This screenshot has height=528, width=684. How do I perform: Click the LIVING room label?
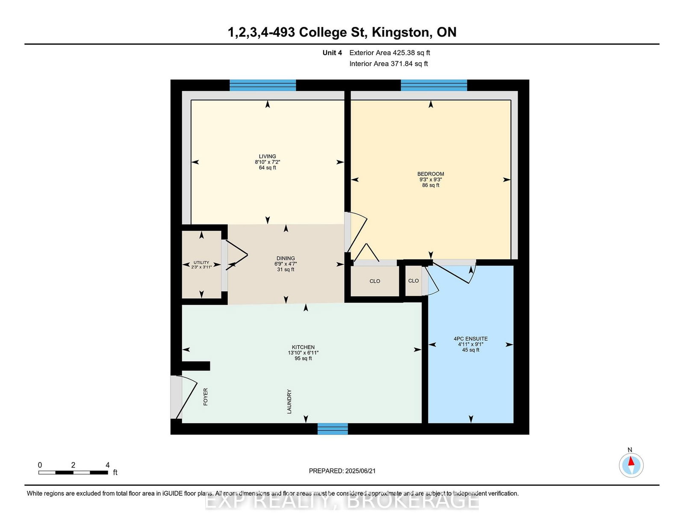[267, 156]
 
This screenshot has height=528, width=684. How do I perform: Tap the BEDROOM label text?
[430, 174]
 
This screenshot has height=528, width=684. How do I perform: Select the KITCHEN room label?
[303, 347]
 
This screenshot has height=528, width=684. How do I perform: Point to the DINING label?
[286, 258]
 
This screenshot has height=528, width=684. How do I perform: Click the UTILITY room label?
[201, 263]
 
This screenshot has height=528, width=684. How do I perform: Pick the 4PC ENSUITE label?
[471, 338]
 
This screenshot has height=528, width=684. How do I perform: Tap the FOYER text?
[206, 397]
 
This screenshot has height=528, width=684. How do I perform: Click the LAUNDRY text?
[289, 401]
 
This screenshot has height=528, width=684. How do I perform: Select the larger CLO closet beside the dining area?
[374, 281]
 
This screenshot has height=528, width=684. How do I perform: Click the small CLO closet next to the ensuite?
[413, 281]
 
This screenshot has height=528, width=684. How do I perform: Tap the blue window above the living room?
[263, 85]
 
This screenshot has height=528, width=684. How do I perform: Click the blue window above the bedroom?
[434, 85]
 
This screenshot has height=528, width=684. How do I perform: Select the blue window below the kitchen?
[333, 429]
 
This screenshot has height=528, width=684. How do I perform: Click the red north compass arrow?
[631, 461]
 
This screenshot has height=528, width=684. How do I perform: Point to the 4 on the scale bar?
[108, 465]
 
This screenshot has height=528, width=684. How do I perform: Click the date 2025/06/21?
[360, 471]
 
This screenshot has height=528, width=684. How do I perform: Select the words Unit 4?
[332, 53]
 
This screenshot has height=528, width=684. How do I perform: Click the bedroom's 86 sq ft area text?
[430, 185]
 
